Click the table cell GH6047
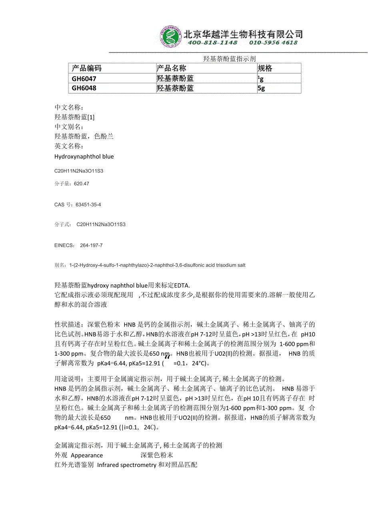point(84,78)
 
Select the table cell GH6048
point(84,88)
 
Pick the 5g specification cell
point(261,88)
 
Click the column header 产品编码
point(87,68)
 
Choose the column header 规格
point(265,68)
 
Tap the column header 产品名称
point(172,68)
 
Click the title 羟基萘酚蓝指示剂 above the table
point(229,59)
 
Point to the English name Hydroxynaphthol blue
point(84,156)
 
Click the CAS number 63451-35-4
point(88,204)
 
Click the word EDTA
point(183,285)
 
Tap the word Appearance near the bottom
point(87,455)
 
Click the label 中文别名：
point(69,127)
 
